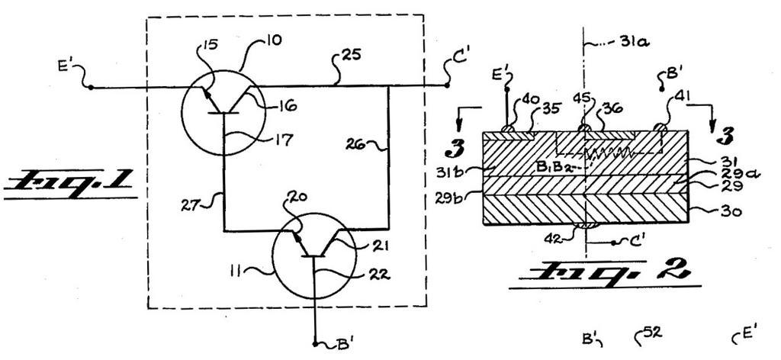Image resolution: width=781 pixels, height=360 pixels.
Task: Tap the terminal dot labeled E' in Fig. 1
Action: [91, 87]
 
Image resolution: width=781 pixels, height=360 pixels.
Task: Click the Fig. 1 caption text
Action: [70, 183]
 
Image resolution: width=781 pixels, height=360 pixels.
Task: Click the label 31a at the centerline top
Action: [612, 46]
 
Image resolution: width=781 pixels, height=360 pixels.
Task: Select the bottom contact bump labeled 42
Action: [584, 224]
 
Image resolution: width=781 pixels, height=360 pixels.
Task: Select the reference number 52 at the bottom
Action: [652, 333]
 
